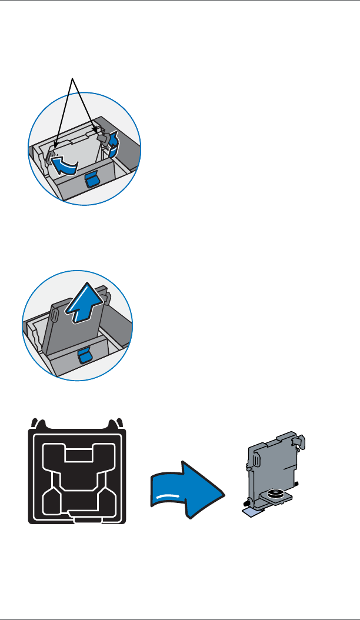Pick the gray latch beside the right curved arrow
click(x=104, y=139)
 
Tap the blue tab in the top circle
click(x=91, y=180)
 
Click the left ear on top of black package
click(x=37, y=421)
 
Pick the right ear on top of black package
click(x=120, y=421)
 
